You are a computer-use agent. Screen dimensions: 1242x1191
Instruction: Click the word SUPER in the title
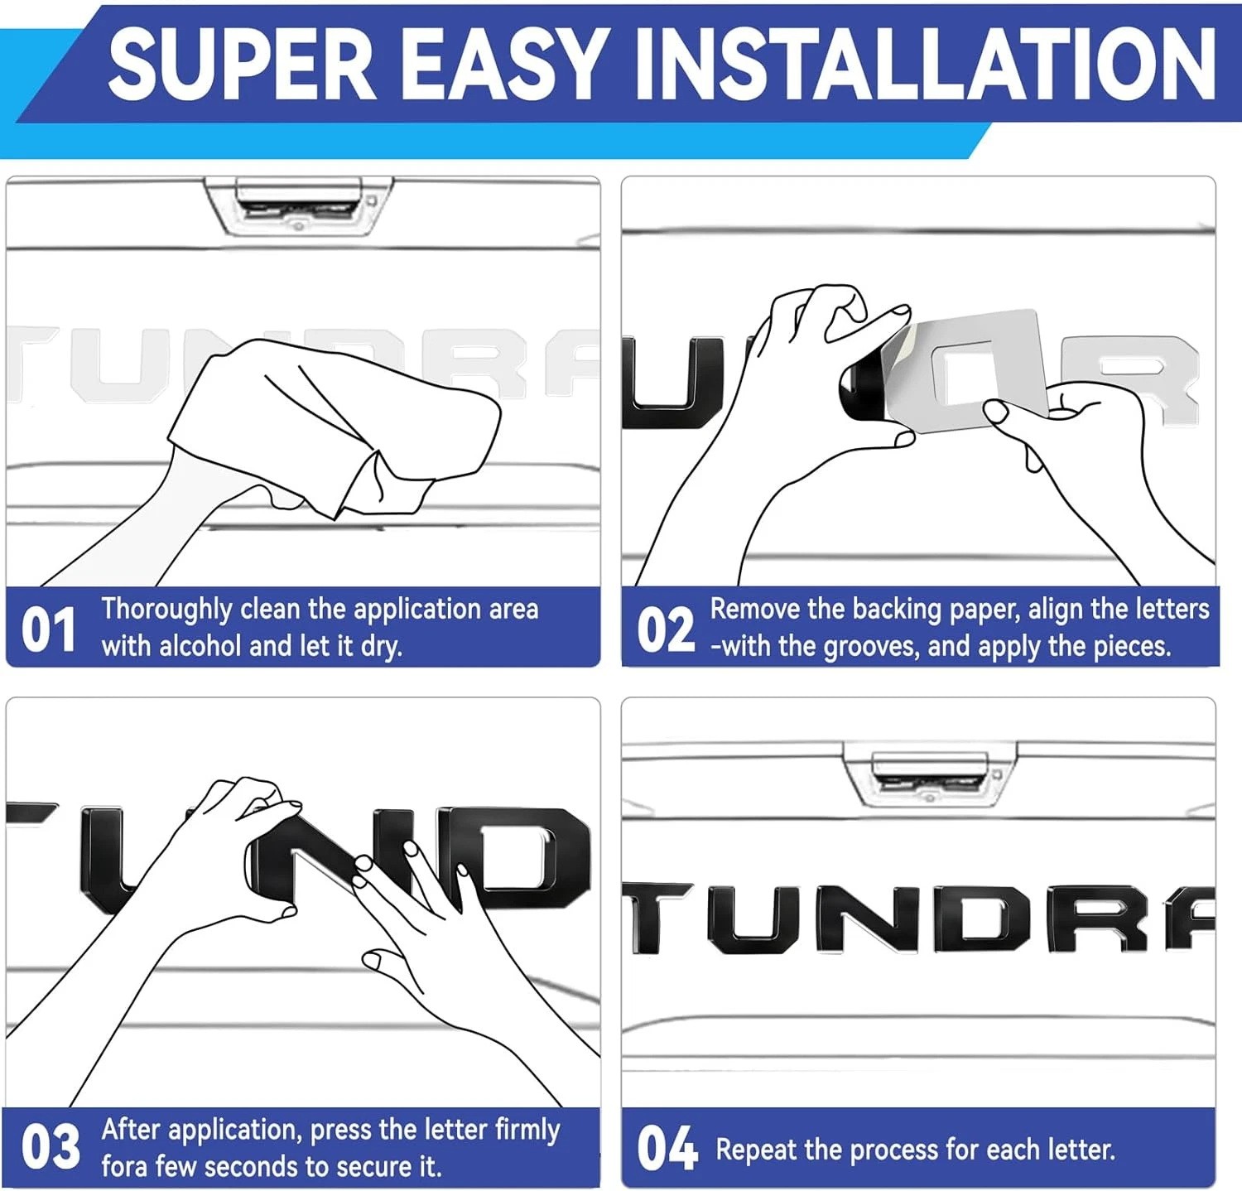[243, 64]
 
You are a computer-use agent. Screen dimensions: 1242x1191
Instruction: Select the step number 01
[48, 629]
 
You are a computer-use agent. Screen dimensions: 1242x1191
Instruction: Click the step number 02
[665, 629]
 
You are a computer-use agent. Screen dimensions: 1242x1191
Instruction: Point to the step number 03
[51, 1147]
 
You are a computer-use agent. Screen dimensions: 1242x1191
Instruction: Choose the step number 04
[667, 1149]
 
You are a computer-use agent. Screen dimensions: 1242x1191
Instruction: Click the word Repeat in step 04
[756, 1150]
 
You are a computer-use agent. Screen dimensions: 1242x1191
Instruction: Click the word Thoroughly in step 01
[166, 610]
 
